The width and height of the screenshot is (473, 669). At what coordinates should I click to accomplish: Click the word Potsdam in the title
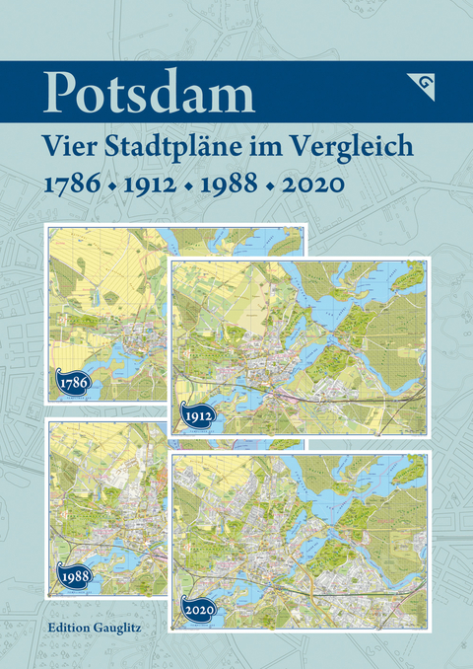click(149, 94)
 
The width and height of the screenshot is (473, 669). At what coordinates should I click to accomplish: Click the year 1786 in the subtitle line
click(72, 185)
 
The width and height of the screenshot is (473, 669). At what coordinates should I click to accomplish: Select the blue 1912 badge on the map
click(197, 415)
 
